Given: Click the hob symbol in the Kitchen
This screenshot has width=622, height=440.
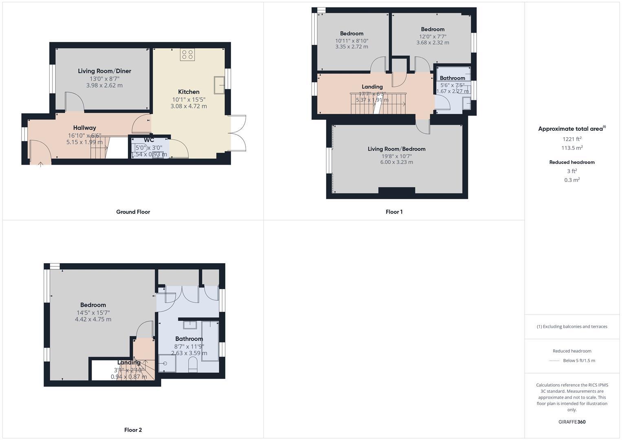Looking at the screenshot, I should click(187, 55).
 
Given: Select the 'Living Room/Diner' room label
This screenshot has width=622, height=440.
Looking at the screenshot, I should click(104, 71).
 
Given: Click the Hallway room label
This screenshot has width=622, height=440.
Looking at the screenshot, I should click(84, 128).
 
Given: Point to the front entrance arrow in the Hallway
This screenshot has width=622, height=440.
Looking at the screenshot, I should click(40, 164).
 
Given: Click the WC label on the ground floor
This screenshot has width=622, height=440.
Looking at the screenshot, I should click(149, 140).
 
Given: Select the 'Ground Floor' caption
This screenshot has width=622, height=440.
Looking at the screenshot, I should click(133, 212).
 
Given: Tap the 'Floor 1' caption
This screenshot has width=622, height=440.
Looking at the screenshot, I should click(394, 212).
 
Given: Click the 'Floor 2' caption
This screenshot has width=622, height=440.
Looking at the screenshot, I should click(133, 430).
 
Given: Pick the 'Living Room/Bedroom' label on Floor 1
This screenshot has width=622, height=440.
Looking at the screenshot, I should click(396, 149).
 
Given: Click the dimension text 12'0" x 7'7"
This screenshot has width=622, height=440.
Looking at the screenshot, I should click(433, 36).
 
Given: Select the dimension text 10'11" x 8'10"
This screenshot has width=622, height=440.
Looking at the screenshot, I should click(352, 40).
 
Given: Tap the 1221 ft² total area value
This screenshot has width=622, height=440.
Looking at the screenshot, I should click(571, 139).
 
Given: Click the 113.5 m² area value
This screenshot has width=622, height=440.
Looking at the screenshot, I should click(571, 148).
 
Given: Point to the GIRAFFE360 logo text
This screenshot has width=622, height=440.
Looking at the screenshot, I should click(572, 422).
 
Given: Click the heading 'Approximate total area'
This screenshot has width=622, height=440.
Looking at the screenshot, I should click(570, 129).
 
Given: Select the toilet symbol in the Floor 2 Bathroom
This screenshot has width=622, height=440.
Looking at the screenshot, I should click(193, 365).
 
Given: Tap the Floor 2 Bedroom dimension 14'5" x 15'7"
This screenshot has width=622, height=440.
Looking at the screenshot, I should click(93, 312).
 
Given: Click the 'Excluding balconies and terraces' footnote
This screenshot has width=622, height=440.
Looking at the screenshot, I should click(572, 326).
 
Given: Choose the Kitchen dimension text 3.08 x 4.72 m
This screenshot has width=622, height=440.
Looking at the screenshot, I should click(189, 106).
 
